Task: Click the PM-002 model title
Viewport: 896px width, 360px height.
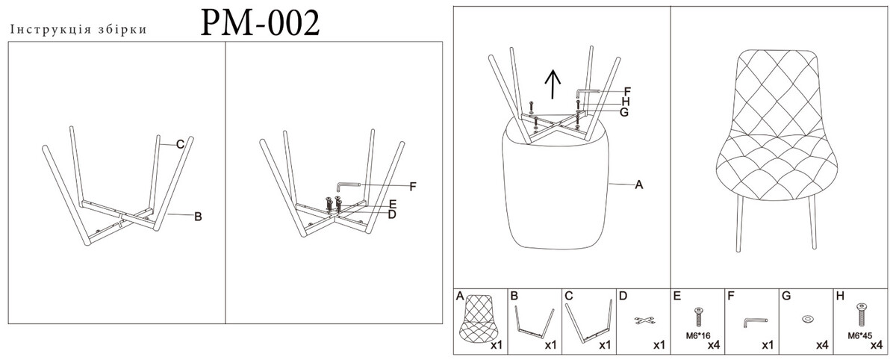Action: click(260, 23)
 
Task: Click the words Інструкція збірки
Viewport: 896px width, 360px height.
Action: click(79, 30)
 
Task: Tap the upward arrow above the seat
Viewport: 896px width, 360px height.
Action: click(553, 84)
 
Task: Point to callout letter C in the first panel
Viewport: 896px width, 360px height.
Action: click(180, 144)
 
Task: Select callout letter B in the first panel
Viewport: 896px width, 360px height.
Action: click(198, 217)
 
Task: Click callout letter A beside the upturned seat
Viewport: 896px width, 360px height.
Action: click(639, 184)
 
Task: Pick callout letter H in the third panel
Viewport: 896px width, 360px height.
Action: click(626, 102)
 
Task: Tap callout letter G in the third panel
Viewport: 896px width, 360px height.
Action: click(624, 112)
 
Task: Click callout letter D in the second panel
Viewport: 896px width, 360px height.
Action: click(392, 215)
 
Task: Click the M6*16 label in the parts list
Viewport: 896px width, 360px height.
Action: click(698, 336)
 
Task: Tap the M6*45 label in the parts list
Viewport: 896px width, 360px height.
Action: click(859, 336)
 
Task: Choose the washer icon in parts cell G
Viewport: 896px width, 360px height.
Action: click(808, 319)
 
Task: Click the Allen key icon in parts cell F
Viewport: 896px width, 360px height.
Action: click(755, 321)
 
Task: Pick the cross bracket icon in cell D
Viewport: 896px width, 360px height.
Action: click(644, 320)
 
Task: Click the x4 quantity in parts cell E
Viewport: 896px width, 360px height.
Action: click(714, 345)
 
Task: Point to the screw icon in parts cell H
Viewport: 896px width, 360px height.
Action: click(862, 314)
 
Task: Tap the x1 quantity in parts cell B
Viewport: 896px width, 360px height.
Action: click(550, 345)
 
